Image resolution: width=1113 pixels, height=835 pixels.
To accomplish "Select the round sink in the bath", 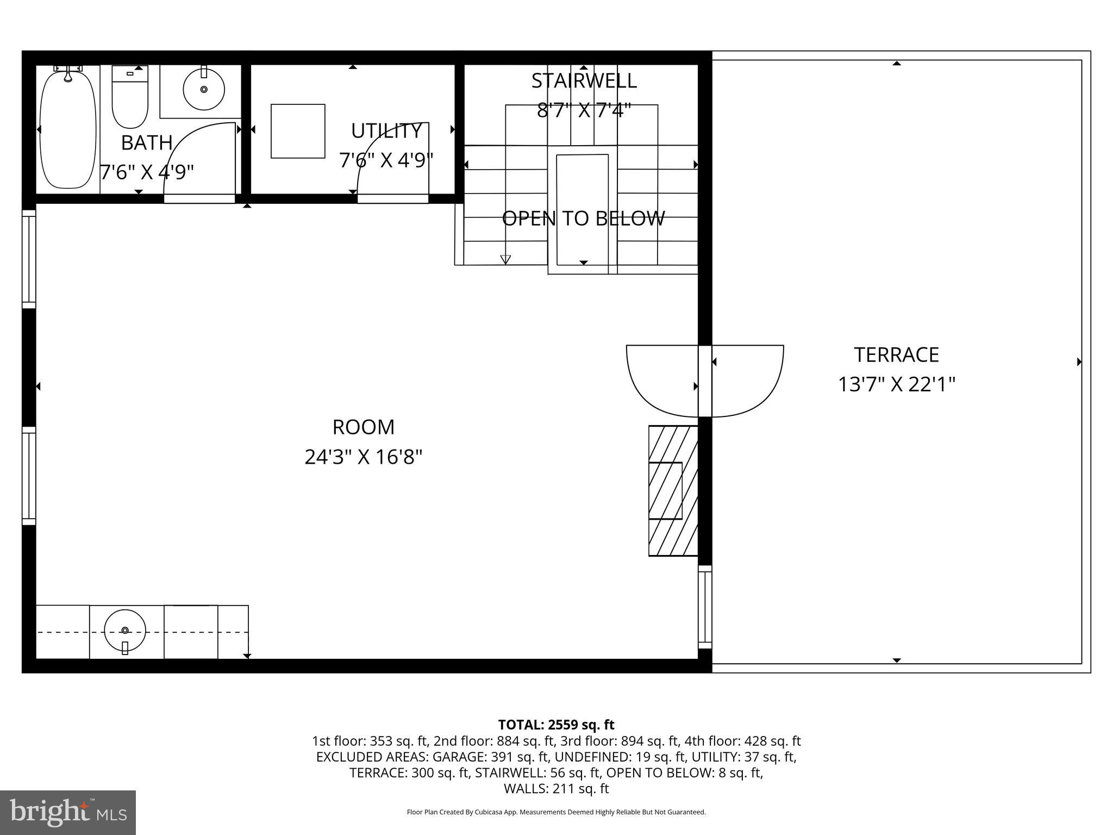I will [204, 89].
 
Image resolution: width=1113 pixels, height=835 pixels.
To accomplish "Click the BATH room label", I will [147, 143].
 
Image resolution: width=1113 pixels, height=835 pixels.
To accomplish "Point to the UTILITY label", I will [386, 131].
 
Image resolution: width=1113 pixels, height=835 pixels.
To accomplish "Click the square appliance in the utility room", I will [298, 131].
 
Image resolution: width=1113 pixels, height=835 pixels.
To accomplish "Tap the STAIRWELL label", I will [584, 80].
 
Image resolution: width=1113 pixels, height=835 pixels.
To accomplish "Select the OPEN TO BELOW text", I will [583, 219].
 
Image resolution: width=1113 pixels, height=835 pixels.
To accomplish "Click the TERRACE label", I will [896, 355].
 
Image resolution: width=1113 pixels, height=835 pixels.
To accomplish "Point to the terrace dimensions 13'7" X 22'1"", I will [896, 385].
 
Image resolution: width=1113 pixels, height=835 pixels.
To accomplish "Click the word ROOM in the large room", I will [364, 427].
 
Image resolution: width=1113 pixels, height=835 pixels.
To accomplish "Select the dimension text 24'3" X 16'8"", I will [364, 457].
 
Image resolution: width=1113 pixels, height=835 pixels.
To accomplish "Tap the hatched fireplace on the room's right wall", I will [673, 490].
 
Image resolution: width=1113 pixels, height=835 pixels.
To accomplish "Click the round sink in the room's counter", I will [125, 630].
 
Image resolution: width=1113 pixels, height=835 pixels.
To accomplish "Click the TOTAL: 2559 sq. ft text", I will [556, 725].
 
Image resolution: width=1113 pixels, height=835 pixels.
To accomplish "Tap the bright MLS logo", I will [68, 812].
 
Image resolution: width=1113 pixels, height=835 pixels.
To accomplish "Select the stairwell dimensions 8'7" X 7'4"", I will [584, 110].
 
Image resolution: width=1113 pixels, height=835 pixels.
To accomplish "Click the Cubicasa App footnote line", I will [556, 812].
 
